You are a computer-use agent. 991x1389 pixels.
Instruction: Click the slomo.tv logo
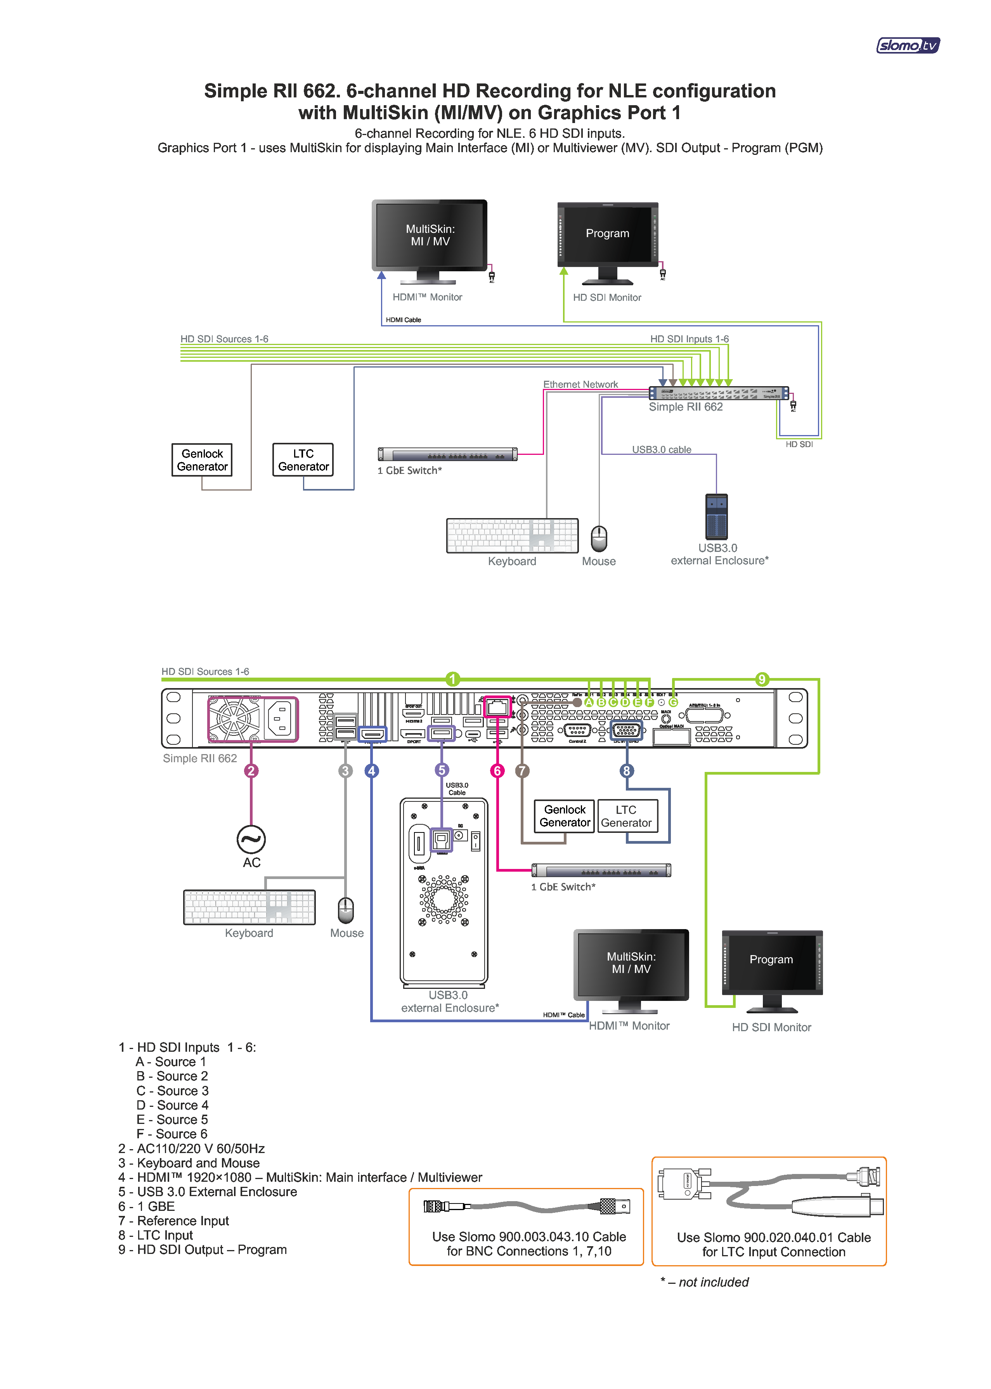908,45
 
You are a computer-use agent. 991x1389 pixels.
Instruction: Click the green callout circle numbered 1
452,679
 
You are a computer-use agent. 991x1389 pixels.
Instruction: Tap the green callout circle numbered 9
762,679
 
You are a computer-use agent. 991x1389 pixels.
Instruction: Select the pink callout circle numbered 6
497,771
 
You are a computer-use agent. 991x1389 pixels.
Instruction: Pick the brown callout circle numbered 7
522,771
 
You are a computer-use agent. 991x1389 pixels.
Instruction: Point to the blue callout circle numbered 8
626,771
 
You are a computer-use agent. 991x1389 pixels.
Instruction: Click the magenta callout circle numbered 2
251,771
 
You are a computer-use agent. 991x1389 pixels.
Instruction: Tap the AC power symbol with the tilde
251,840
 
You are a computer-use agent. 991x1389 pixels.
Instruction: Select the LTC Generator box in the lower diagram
627,816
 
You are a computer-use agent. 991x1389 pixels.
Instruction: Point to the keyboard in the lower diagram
249,907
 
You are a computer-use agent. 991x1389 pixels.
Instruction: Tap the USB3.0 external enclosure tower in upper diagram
716,516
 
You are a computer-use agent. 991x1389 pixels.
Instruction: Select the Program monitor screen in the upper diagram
607,234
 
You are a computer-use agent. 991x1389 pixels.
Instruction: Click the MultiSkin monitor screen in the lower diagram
631,962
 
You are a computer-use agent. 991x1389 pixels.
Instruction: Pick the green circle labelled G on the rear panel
673,702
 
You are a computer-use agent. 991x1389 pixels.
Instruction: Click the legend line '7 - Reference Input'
174,1221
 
